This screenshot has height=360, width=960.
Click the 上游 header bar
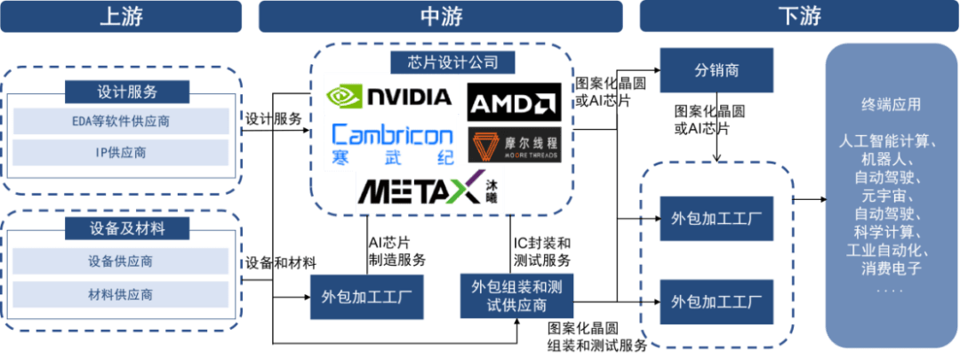[x=122, y=16]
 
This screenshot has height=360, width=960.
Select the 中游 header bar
[x=440, y=16]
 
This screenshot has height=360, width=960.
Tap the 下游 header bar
[x=798, y=16]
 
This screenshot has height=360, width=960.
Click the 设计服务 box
[x=127, y=92]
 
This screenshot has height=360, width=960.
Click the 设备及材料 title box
[x=127, y=228]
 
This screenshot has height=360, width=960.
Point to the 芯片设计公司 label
[x=439, y=62]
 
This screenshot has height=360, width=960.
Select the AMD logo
[x=515, y=103]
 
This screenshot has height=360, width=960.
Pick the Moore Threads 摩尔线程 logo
[x=515, y=146]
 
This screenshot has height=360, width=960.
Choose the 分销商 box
[x=716, y=70]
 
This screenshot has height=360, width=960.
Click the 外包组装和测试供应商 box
[x=516, y=296]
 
